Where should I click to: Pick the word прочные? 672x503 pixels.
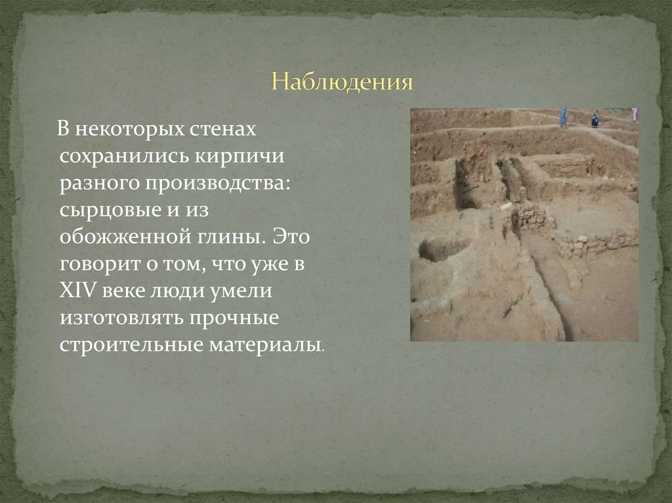(x=235, y=319)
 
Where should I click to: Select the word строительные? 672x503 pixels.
(x=131, y=346)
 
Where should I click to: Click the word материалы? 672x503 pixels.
(x=266, y=346)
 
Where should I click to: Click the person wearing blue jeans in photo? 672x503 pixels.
(x=563, y=117)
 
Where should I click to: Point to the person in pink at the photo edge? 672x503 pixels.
(x=635, y=114)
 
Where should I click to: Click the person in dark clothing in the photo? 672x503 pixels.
(x=595, y=119)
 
